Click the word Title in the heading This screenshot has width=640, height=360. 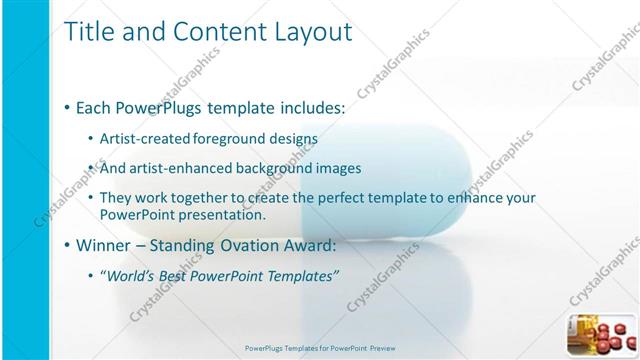click(x=88, y=32)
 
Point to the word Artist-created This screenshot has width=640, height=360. click(x=139, y=138)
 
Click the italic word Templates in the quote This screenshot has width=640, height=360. click(x=301, y=275)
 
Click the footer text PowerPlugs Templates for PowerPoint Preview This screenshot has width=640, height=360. click(x=320, y=348)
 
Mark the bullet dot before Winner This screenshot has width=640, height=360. click(x=66, y=245)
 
